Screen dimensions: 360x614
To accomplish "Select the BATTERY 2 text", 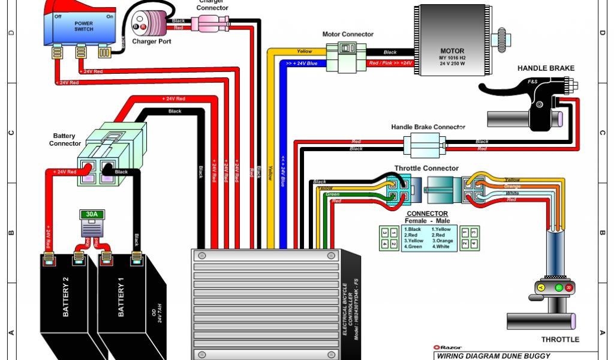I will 65,298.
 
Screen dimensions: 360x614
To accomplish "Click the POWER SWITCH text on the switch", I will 84,26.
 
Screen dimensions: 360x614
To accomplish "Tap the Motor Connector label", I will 348,34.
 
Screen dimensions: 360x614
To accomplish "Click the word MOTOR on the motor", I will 452,51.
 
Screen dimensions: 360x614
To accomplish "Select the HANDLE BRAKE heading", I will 546,68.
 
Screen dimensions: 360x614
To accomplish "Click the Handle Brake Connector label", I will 428,127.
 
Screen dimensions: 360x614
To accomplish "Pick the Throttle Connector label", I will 426,169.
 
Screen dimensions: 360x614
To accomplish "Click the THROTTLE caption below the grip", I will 560,340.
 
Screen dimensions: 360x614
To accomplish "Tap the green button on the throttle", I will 559,288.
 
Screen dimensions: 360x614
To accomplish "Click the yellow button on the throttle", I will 541,288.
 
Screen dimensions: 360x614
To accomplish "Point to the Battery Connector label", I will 65,140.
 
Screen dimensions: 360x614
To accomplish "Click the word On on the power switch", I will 110,17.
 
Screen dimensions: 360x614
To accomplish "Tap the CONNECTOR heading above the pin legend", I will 427,214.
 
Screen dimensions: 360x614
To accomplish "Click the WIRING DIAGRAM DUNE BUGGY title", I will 493,356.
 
